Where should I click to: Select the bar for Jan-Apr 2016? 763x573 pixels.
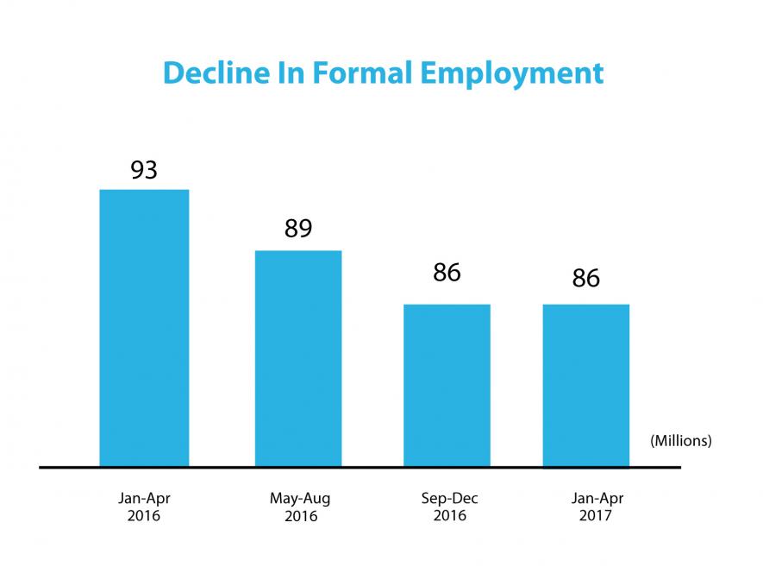[x=144, y=328]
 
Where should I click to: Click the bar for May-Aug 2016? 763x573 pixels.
[x=298, y=358]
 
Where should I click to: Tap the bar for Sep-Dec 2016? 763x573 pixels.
[x=447, y=385]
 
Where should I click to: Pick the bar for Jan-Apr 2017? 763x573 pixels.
[x=586, y=385]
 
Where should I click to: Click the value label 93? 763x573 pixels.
[x=144, y=170]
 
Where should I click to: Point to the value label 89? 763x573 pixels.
[x=298, y=230]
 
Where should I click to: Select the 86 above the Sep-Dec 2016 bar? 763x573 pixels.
[x=447, y=273]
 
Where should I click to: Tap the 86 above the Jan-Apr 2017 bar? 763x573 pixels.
[x=586, y=279]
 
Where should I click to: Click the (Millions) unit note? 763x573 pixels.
[x=681, y=441]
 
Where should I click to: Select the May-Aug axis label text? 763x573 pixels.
[x=299, y=499]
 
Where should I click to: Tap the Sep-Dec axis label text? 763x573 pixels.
[x=449, y=499]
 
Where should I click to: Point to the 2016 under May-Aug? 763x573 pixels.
[x=299, y=516]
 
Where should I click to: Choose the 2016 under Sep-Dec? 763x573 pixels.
[x=449, y=516]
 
